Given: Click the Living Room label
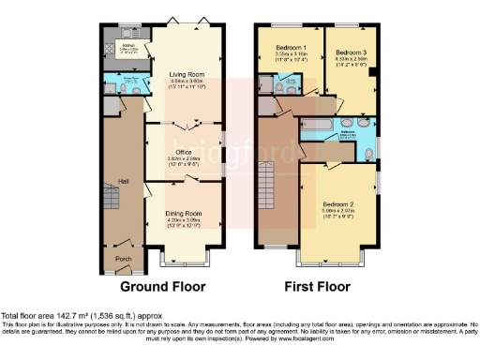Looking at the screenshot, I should (x=183, y=74).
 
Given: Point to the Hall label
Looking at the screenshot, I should (x=122, y=181).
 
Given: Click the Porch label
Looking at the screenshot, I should (x=122, y=258).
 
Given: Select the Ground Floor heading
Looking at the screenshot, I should (x=164, y=286).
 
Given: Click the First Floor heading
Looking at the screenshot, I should (x=318, y=286).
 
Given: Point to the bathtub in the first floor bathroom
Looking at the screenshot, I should (x=319, y=126).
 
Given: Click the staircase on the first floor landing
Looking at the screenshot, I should (x=272, y=187).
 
